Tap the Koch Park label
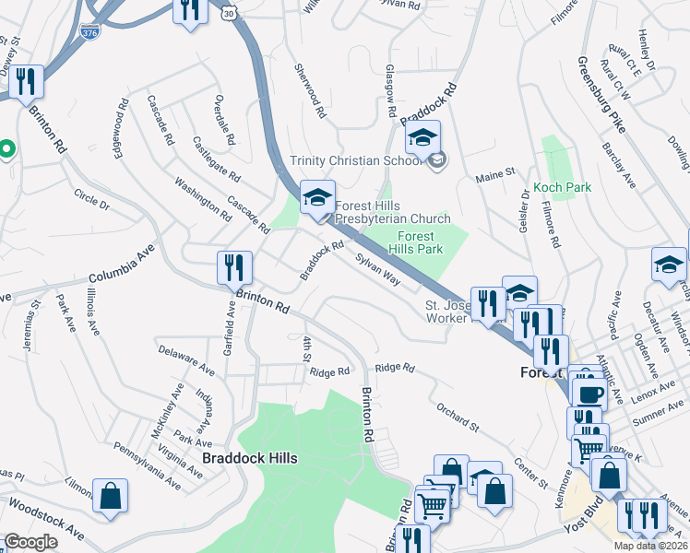(562, 187)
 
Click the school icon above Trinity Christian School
(422, 139)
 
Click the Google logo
(30, 542)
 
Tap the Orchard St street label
(458, 416)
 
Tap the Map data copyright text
(650, 546)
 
